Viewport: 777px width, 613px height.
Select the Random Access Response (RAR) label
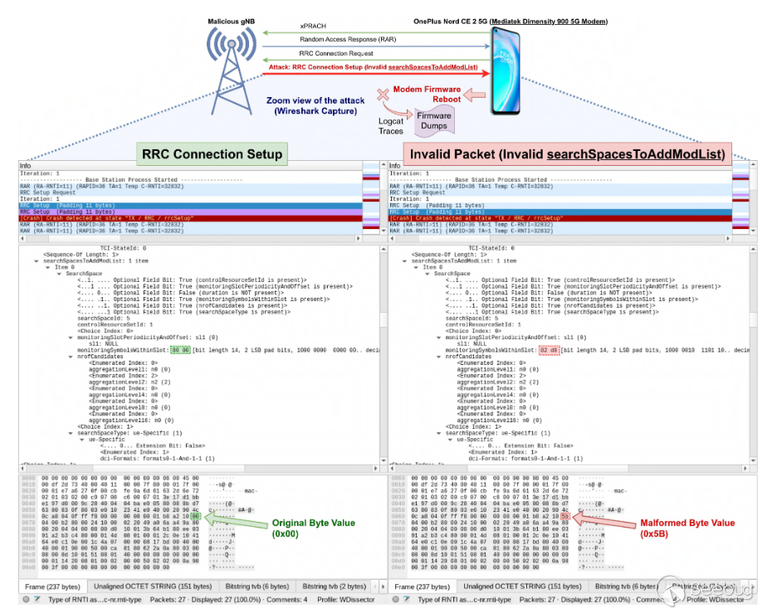pos(345,40)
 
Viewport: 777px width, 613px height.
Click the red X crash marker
pos(384,95)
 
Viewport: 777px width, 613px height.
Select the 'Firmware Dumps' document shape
pos(434,121)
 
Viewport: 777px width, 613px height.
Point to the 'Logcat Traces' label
pos(390,126)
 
